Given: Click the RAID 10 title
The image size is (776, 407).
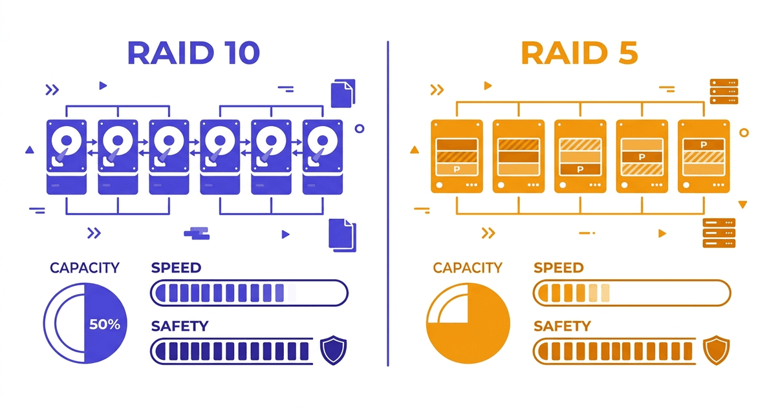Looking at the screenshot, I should tap(193, 53).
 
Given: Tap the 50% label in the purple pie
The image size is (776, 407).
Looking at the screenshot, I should tap(105, 324).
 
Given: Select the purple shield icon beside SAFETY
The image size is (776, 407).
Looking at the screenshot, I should tap(334, 350).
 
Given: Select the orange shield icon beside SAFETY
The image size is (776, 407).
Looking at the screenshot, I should tap(717, 350).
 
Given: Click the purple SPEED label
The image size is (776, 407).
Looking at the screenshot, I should tap(176, 267).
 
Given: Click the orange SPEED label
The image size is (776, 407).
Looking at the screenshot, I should tap(559, 267).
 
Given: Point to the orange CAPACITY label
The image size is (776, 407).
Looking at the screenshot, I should tap(468, 267).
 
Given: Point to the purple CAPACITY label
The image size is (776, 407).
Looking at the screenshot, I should tap(85, 267).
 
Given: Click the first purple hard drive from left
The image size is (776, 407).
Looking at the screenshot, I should tap(67, 156).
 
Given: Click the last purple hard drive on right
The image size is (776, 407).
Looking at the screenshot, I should tap(322, 156).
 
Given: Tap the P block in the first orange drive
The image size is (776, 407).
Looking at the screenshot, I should tap(457, 169).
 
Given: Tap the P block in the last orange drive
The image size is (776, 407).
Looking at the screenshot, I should tap(704, 145).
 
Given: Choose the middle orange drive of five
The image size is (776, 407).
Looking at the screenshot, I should tap(580, 156).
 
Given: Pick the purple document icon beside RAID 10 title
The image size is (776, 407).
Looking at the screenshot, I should tap(343, 94).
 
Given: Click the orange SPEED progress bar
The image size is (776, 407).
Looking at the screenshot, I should tap(632, 293).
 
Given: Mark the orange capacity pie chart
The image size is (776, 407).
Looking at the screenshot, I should tap(468, 323).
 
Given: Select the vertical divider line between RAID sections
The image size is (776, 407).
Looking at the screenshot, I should tap(388, 203).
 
